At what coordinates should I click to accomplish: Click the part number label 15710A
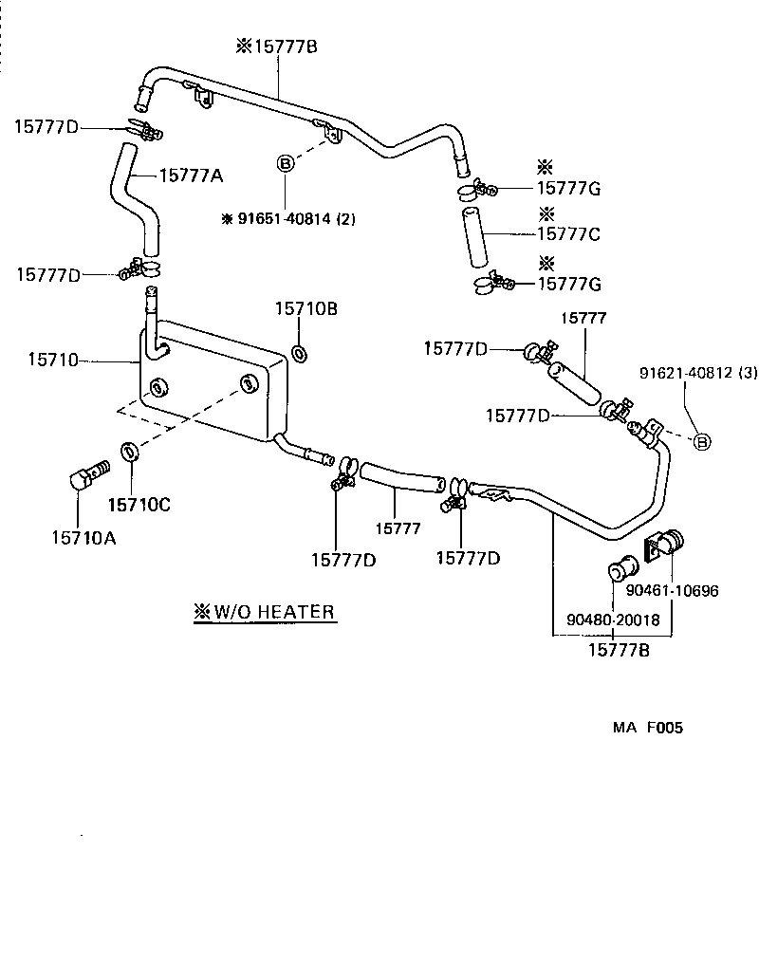tap(83, 538)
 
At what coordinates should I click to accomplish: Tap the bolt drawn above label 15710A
tap(88, 473)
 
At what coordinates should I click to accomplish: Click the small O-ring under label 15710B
tap(298, 354)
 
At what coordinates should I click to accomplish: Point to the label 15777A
tap(191, 175)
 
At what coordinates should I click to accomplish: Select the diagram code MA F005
tap(647, 729)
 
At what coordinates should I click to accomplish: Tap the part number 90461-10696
tap(672, 591)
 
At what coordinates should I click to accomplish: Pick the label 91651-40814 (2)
tap(288, 218)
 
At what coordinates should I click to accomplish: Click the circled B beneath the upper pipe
tap(284, 163)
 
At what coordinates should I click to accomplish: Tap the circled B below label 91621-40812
tap(702, 441)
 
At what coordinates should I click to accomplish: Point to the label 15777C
tap(569, 233)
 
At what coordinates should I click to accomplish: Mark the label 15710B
tap(306, 308)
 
